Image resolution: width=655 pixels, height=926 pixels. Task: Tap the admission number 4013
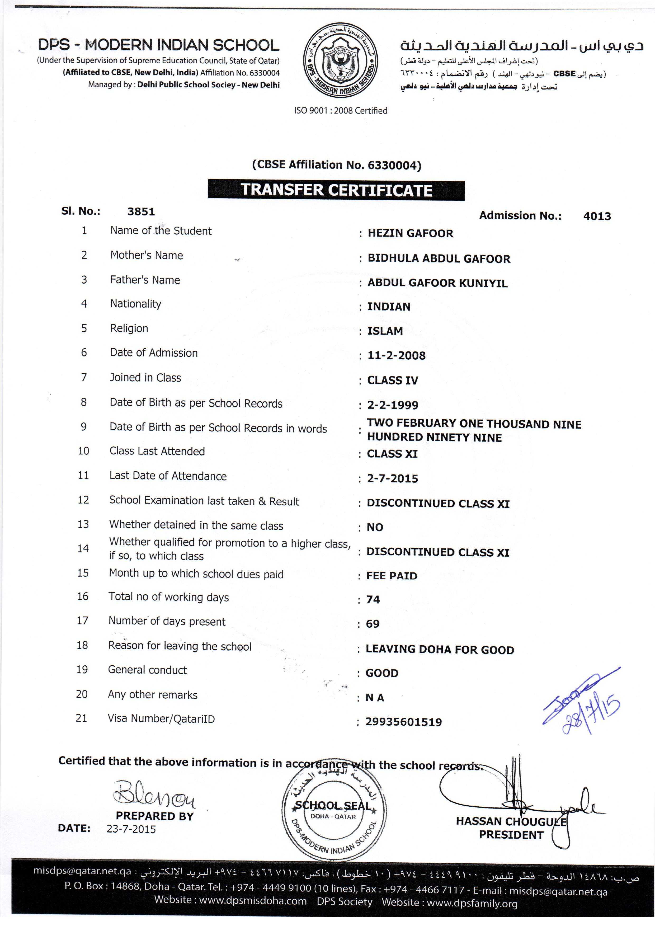coord(597,217)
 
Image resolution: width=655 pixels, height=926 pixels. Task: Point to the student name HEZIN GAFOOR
coord(410,233)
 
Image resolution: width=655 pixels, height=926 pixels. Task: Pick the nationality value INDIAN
coord(388,307)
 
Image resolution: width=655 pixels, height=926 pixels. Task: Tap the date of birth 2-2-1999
coord(392,405)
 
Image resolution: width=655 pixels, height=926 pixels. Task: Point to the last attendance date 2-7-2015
coord(392,479)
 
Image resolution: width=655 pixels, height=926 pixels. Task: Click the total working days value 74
coord(373,600)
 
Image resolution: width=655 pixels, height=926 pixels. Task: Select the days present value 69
coord(373,624)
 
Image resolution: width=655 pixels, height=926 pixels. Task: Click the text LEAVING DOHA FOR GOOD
coord(440,650)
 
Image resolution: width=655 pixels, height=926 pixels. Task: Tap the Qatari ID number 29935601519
coord(403,722)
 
